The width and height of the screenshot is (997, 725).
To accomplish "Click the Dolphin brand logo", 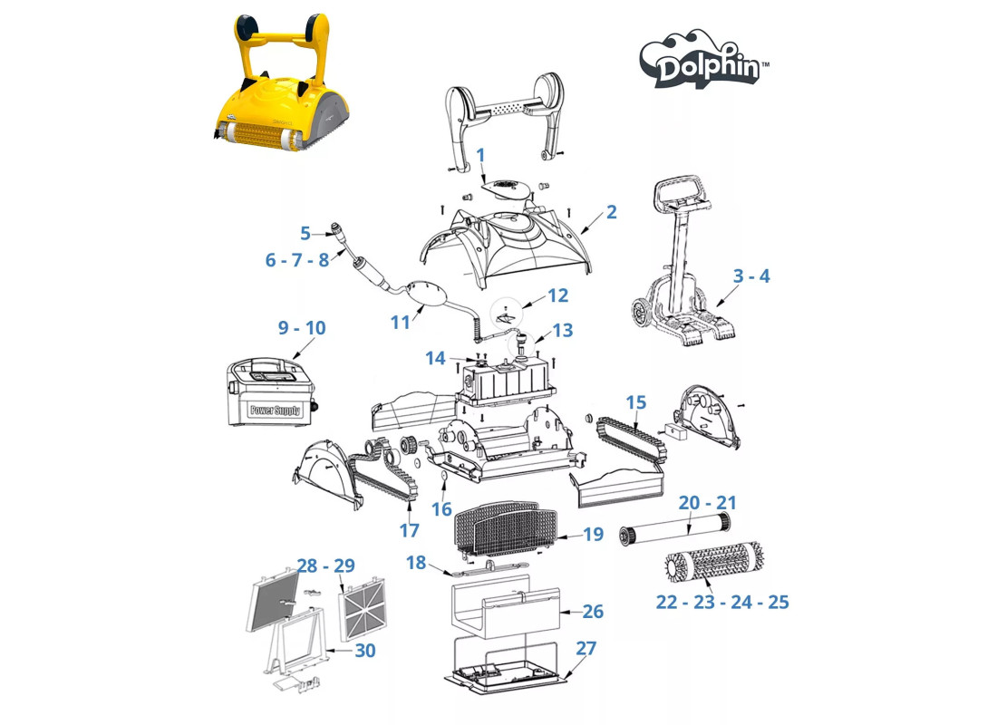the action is click(704, 59).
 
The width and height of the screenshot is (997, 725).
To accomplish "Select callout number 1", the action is click(480, 155).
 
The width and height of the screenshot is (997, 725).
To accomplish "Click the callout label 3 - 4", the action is click(751, 276).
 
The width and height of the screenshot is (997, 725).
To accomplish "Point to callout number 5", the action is click(305, 234).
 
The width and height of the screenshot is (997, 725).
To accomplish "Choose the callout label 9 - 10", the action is click(302, 327).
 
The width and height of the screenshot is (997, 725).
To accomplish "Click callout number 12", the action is click(557, 295).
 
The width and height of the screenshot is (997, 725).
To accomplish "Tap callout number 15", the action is click(636, 402).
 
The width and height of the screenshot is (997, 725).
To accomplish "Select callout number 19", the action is click(593, 534).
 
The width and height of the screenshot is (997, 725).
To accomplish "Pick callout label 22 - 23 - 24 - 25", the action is click(722, 603).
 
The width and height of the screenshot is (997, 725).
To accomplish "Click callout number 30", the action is click(365, 651).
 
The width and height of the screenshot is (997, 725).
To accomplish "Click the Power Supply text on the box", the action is click(276, 411).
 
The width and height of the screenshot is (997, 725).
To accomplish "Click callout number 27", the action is click(586, 648).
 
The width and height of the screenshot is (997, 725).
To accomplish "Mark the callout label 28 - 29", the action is click(326, 565).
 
